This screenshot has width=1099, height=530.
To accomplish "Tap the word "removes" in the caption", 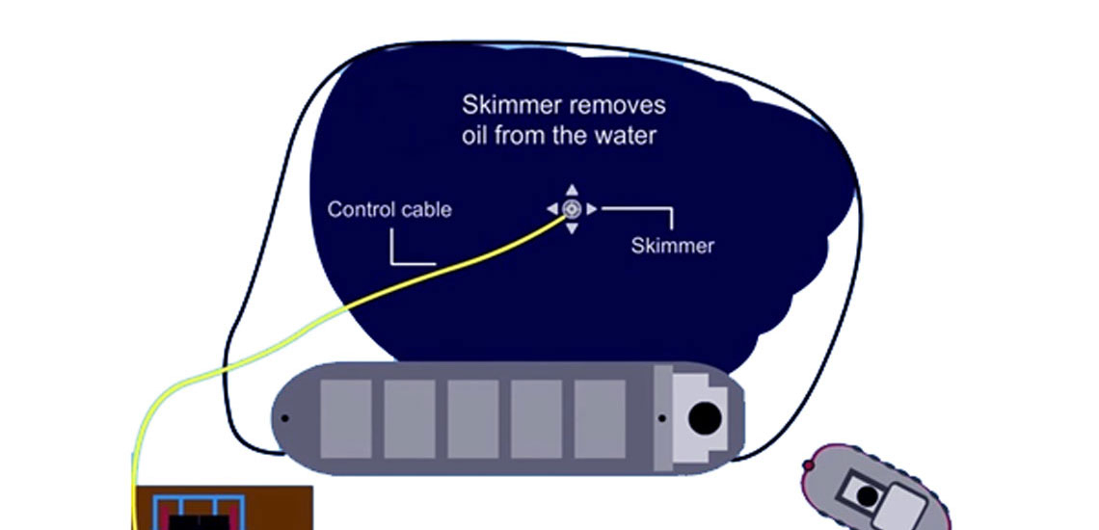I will click(x=620, y=104).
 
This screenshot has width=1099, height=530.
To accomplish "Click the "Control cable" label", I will click(x=389, y=209).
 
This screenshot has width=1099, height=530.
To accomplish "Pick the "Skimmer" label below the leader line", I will click(x=672, y=246).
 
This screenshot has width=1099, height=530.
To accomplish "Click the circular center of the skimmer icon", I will click(x=571, y=208).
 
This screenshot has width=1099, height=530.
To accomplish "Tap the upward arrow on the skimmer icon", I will click(x=571, y=190).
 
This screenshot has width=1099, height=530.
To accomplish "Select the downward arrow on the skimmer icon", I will click(x=571, y=228).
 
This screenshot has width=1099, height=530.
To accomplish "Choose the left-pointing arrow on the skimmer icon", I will click(x=552, y=208).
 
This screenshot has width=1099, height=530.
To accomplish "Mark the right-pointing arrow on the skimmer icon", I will click(x=591, y=208).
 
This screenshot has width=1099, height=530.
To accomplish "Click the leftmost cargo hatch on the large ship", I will click(x=345, y=418).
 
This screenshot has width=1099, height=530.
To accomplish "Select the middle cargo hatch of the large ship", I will click(x=472, y=418).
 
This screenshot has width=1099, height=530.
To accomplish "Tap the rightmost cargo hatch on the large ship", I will click(x=600, y=418).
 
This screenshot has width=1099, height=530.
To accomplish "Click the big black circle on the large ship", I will click(x=705, y=418).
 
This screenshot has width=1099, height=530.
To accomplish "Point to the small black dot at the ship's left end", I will click(x=285, y=418).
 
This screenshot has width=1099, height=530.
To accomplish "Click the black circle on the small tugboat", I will click(x=868, y=496).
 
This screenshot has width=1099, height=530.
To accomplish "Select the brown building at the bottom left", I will click(x=222, y=508).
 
